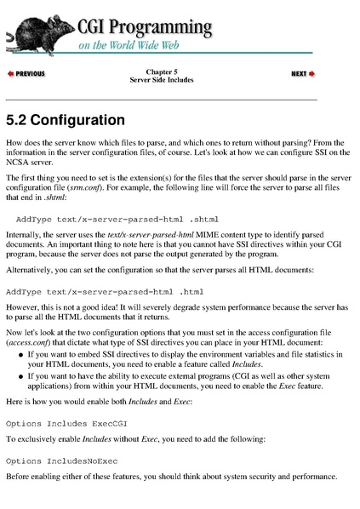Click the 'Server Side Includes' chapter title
[162, 80]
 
